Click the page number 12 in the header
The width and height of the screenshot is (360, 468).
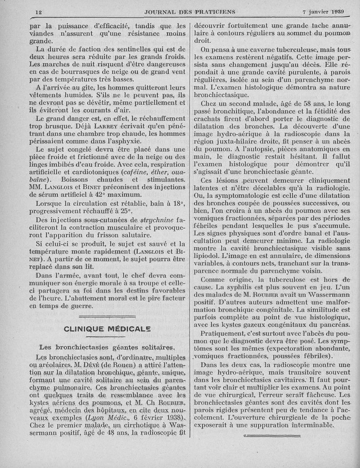click(x=38, y=11)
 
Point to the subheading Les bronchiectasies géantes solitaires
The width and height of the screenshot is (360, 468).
click(x=107, y=347)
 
